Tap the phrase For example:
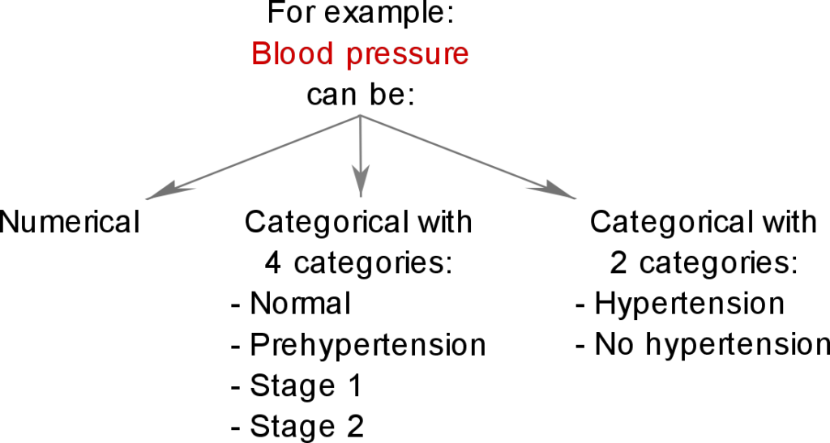[361, 13]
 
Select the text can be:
[361, 95]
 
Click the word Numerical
[70, 222]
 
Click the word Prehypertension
[368, 345]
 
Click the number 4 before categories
[272, 263]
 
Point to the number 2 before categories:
[618, 263]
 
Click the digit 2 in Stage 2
[357, 426]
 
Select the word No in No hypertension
[614, 345]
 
